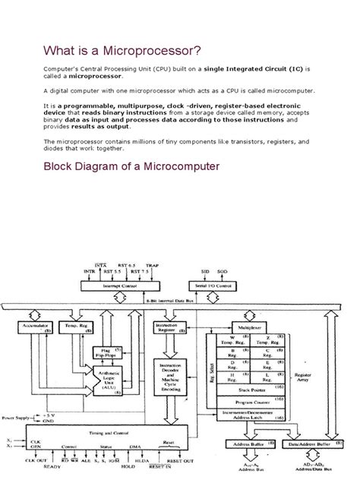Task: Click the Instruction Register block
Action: click(170, 327)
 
